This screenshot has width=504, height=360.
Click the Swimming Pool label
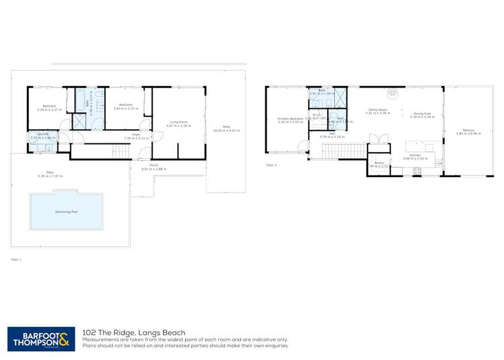tap(66, 211)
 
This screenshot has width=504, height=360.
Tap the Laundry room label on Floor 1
tap(38, 134)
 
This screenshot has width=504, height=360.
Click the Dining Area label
tap(423, 114)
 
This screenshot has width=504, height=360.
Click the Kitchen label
tap(415, 156)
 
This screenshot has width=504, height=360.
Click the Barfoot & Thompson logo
tap(41, 338)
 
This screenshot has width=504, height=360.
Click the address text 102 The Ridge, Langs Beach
tap(133, 332)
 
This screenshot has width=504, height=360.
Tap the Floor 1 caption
tap(16, 258)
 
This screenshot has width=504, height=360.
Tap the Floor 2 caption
tap(271, 164)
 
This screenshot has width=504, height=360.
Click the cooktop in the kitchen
tap(416, 172)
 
